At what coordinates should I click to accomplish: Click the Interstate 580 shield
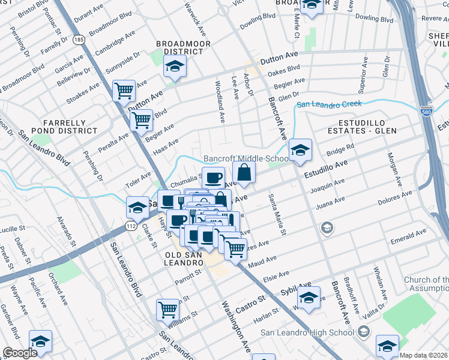click(426, 112)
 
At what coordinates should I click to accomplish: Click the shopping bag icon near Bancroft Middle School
click(244, 173)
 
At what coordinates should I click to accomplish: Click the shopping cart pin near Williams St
click(168, 310)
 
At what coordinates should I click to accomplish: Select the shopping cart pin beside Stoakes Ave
click(124, 91)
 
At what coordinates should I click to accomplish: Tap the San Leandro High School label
click(307, 333)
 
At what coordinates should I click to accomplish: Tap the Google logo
click(20, 353)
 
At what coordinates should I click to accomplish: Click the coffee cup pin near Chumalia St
click(213, 178)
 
